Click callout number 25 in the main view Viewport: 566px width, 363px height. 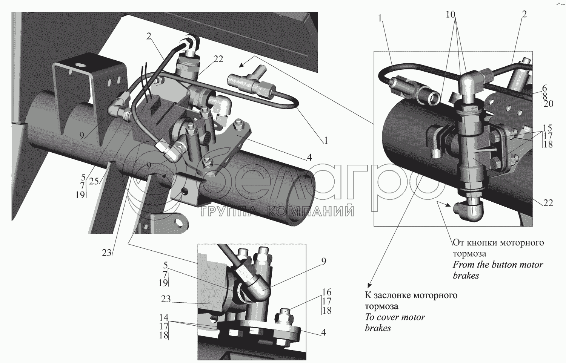94,181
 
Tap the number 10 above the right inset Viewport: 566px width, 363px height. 450,14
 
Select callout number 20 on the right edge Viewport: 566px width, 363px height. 548,103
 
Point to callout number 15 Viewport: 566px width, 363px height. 548,127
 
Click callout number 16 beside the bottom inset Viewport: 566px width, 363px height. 327,292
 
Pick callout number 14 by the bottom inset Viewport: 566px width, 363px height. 164,318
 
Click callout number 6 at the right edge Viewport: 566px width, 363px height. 544,87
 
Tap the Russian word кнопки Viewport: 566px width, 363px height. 481,242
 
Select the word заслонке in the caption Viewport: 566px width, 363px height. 393,295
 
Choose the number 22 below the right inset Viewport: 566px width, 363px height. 548,203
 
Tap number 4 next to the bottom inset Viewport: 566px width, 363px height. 323,332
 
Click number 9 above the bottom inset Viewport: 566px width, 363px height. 323,261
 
